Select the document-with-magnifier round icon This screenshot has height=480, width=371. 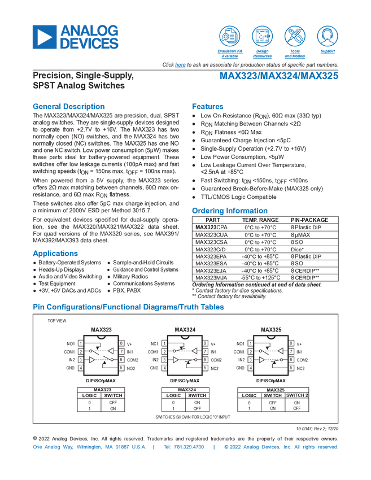click(229, 36)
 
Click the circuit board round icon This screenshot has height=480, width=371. click(262, 36)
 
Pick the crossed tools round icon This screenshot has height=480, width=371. click(295, 36)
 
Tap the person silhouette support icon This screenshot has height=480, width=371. click(327, 36)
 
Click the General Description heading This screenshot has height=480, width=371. click(68, 106)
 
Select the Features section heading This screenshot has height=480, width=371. click(208, 106)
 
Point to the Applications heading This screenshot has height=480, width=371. click(55, 252)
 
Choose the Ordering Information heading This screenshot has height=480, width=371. click(229, 210)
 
